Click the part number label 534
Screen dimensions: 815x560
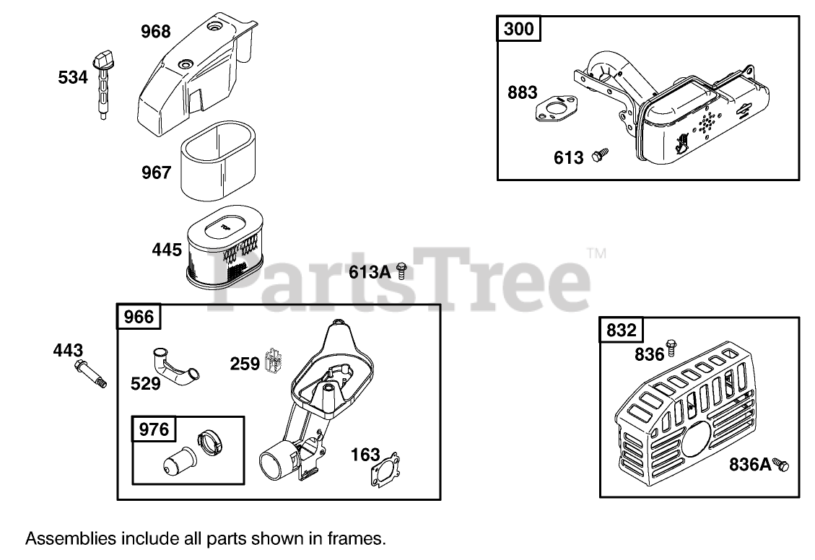point(73,76)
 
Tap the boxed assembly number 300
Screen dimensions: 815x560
point(518,30)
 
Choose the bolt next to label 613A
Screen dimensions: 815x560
point(403,271)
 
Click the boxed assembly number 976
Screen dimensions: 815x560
point(154,430)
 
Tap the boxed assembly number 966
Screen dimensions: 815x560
point(139,317)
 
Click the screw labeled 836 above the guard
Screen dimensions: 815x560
point(671,347)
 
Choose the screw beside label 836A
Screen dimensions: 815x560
point(781,465)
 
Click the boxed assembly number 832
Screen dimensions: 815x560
point(621,330)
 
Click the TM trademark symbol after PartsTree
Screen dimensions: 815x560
point(596,254)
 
